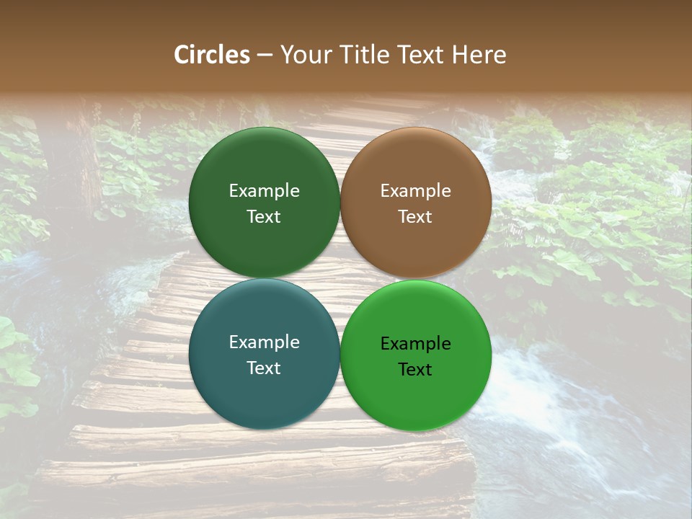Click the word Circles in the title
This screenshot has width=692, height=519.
pos(211,55)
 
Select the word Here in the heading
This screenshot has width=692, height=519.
pos(479,55)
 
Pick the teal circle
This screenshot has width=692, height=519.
pos(264,389)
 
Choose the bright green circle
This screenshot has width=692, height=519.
pos(416,393)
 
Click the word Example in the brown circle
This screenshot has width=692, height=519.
pos(416,191)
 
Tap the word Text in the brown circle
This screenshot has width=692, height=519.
pos(416,217)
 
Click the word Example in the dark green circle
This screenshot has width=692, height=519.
pos(264,191)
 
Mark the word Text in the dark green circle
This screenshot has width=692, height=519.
pos(264,217)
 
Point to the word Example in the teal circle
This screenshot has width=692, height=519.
pos(264,342)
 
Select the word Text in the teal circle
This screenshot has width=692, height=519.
pos(264,368)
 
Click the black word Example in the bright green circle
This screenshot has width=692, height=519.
pos(416,344)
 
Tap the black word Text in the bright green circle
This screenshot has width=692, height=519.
pos(416,370)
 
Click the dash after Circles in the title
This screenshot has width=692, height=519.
pos(265,56)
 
